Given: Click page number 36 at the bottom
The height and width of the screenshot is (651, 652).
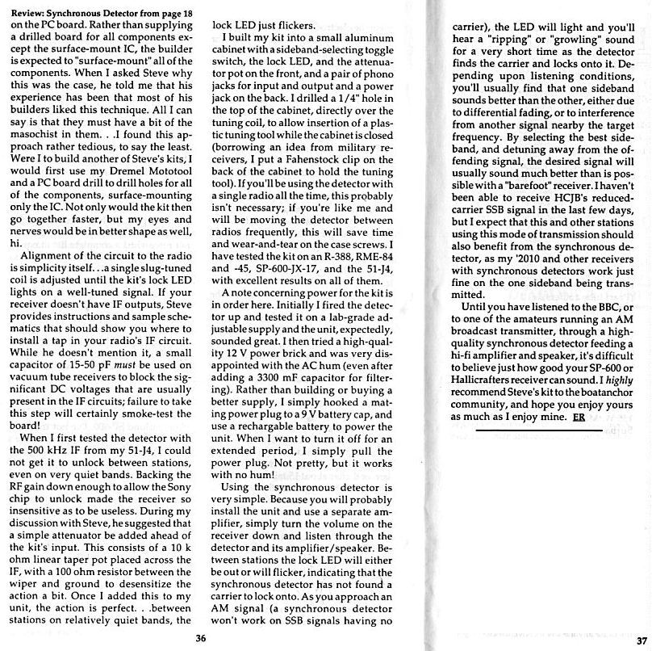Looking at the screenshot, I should point(199,636).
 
